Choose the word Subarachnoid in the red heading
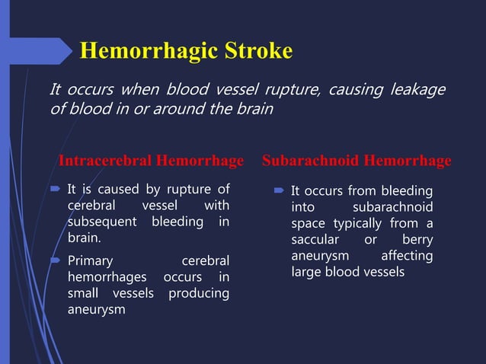(x=311, y=161)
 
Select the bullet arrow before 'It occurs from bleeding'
(x=280, y=191)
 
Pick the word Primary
(x=90, y=260)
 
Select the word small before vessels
(x=85, y=293)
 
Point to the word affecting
(x=407, y=256)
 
